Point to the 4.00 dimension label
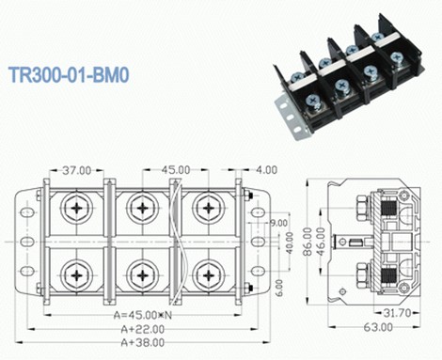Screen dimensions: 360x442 pos(264,171)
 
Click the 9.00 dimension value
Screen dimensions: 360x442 pos(278,223)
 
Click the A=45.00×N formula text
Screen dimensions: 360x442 pos(142,315)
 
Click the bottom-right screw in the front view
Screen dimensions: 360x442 pos(207,274)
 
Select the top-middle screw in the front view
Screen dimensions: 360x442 pos(141,207)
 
